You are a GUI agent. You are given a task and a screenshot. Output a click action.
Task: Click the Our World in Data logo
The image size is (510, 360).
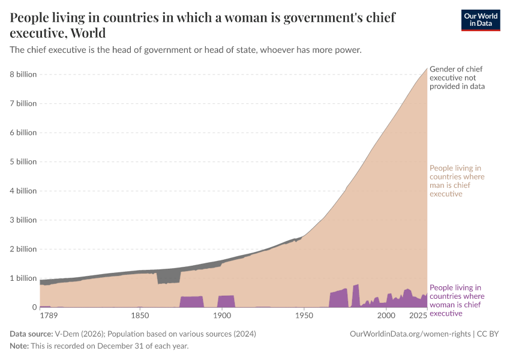pos(480,20)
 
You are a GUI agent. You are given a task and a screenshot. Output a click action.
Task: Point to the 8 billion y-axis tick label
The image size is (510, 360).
pos(23,74)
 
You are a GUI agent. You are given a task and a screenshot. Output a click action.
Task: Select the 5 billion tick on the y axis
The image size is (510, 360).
pos(23,161)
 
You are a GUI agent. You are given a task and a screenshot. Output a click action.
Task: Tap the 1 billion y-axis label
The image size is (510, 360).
pos(23,278)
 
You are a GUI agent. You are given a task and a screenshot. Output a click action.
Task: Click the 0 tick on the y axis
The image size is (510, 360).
pos(34,307)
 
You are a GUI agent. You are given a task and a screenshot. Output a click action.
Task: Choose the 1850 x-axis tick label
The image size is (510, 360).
pos(140,316)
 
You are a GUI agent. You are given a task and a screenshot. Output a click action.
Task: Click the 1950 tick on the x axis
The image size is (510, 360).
pos(304,316)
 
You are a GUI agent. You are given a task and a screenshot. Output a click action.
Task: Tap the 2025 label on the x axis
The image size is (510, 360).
pos(418,316)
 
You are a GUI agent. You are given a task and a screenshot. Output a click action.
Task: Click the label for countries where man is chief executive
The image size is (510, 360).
pos(457,181)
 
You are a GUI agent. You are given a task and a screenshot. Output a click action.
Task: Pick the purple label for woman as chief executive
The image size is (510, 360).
pos(457,300)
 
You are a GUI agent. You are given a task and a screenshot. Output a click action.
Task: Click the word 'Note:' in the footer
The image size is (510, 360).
pos(20,346)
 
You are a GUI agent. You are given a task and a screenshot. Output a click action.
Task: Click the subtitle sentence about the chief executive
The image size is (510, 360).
pos(185,50)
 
